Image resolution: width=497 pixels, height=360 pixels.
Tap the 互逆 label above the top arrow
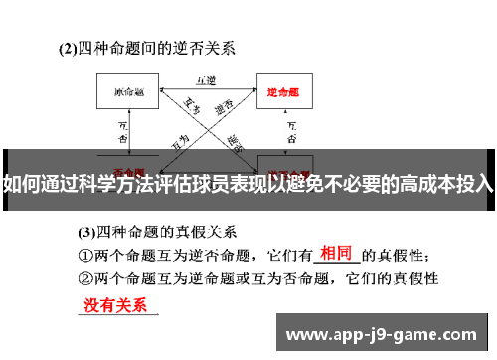coord(206,76)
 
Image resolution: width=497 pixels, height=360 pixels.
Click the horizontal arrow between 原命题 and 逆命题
coord(206,89)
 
